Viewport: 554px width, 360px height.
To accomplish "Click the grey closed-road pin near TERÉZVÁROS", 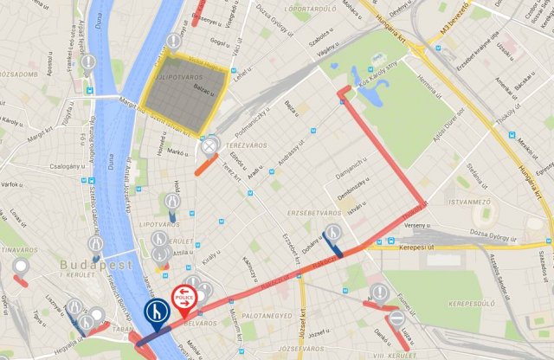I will (x=209, y=146).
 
